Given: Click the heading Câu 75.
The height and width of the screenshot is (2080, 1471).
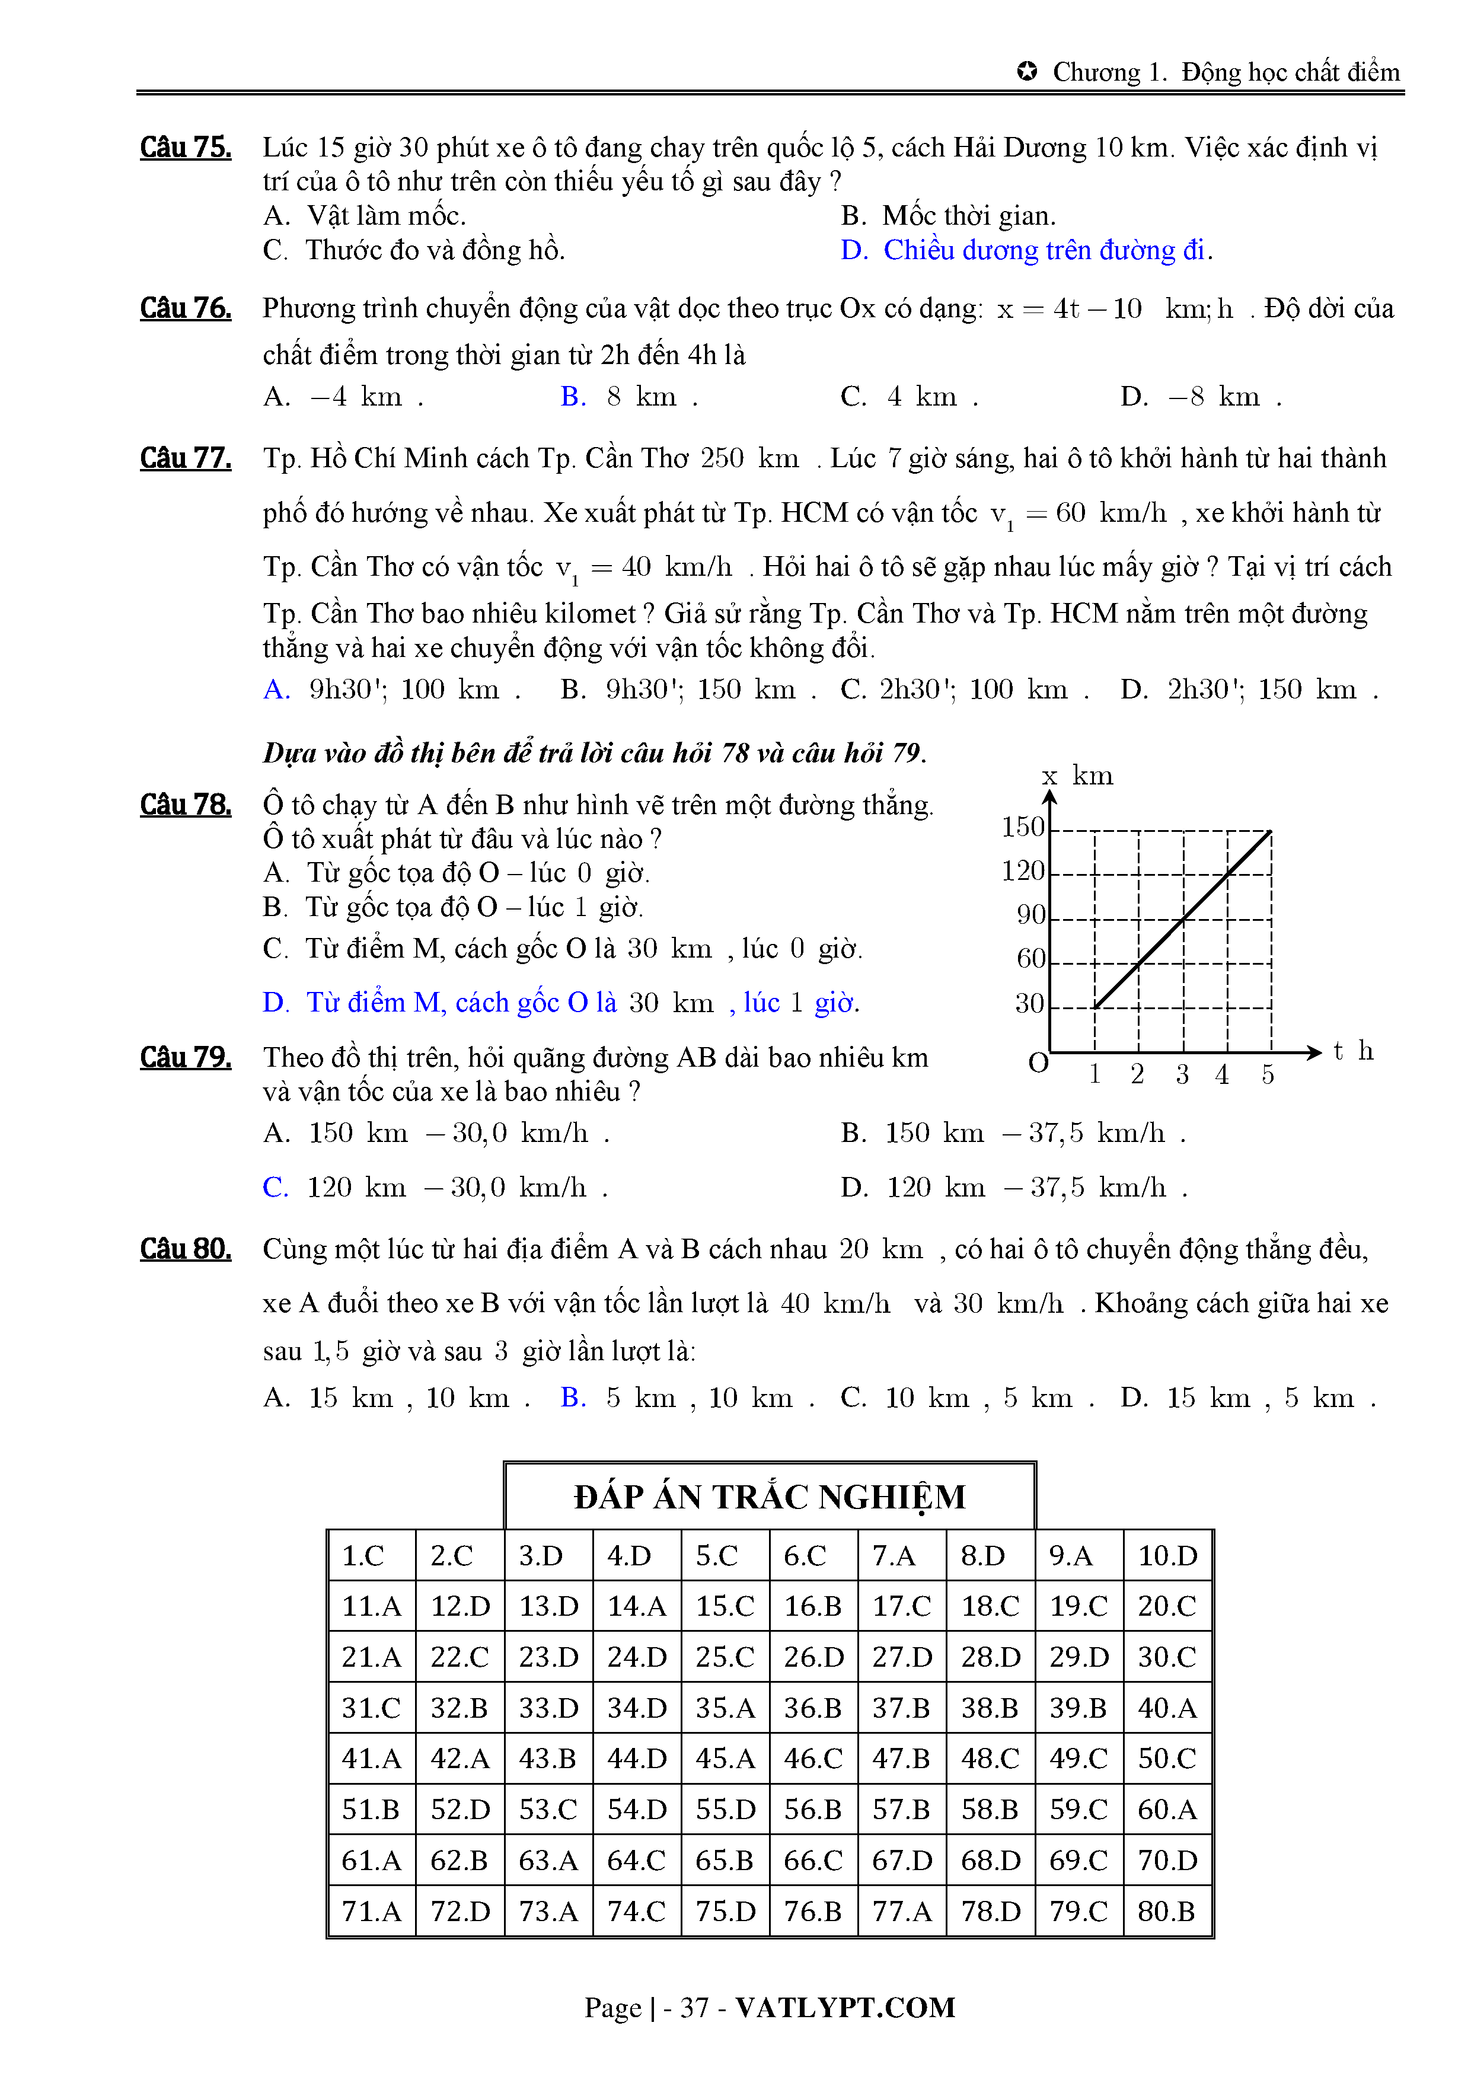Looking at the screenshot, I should click(185, 148).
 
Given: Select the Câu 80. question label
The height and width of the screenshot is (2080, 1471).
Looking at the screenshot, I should click(185, 1249).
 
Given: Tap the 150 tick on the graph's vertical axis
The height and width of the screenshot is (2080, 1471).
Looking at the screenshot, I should click(1023, 827).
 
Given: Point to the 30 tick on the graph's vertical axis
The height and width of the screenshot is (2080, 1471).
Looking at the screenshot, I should click(1029, 1004).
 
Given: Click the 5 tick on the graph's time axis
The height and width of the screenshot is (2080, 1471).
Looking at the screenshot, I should click(1267, 1076).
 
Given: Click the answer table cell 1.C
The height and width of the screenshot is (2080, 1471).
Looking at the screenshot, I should click(363, 1556).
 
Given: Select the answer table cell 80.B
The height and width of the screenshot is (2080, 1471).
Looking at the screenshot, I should click(1167, 1912).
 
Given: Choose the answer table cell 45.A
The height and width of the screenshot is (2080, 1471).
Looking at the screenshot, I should click(725, 1759).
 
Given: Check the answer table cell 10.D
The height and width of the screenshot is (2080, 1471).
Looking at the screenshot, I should click(1167, 1556).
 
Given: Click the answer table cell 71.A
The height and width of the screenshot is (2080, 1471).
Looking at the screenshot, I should click(371, 1912).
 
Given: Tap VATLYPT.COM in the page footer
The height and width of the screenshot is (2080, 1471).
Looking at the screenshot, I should click(844, 2008).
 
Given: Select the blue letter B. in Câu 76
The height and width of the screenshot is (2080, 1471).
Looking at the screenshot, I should click(573, 397).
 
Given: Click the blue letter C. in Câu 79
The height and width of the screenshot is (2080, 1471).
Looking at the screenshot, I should click(275, 1188).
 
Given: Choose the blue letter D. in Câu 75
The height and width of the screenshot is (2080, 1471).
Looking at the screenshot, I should click(854, 250).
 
